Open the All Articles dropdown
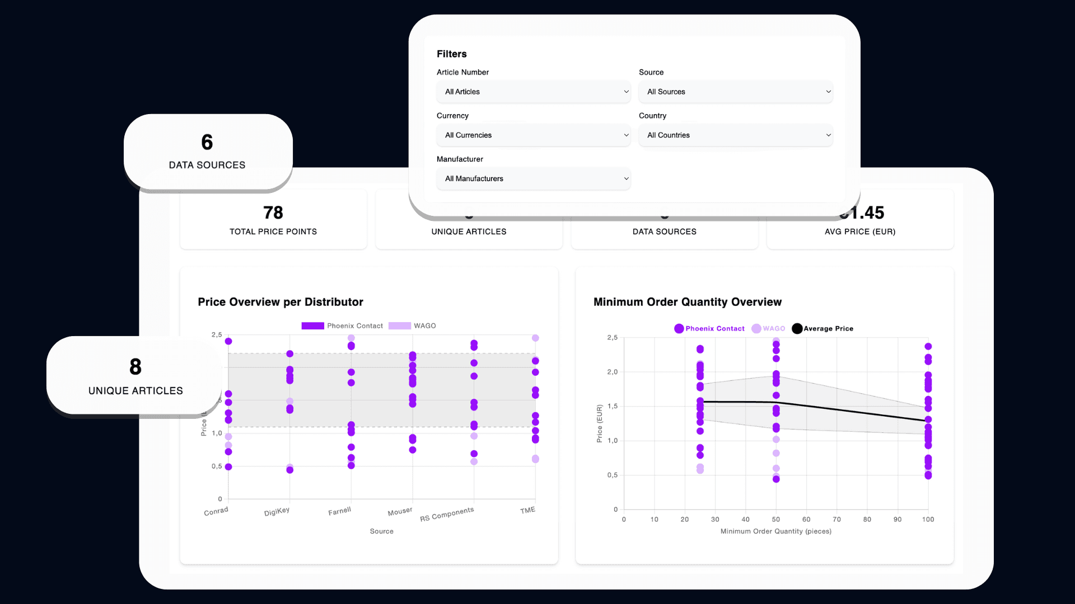tap(533, 92)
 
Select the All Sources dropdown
tap(735, 92)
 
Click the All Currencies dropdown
tap(533, 135)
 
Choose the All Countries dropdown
tap(735, 135)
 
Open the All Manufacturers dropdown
tap(533, 179)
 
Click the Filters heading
tap(451, 54)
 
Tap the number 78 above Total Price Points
tap(273, 213)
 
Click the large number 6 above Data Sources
tap(207, 142)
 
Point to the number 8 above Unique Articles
tap(135, 367)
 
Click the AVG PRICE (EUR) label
tap(860, 232)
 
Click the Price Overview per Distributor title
tap(281, 302)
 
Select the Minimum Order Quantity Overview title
tap(688, 302)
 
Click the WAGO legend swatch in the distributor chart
tap(400, 326)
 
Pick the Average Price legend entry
tap(823, 329)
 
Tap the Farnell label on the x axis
tap(339, 511)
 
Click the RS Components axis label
tap(447, 514)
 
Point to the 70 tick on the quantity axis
tap(836, 520)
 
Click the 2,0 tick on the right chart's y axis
tap(613, 372)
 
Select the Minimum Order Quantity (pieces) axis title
tap(775, 531)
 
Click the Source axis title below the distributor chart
tap(381, 531)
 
